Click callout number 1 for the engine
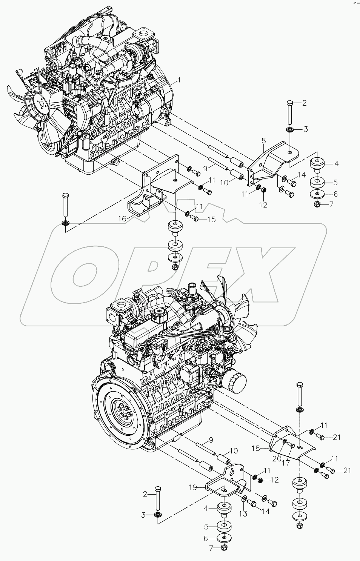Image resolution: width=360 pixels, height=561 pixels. (x=179, y=80)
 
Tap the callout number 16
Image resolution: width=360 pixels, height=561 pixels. (x=122, y=218)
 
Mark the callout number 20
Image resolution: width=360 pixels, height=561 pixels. (x=277, y=459)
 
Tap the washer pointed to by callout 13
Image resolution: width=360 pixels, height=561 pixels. (x=244, y=500)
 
